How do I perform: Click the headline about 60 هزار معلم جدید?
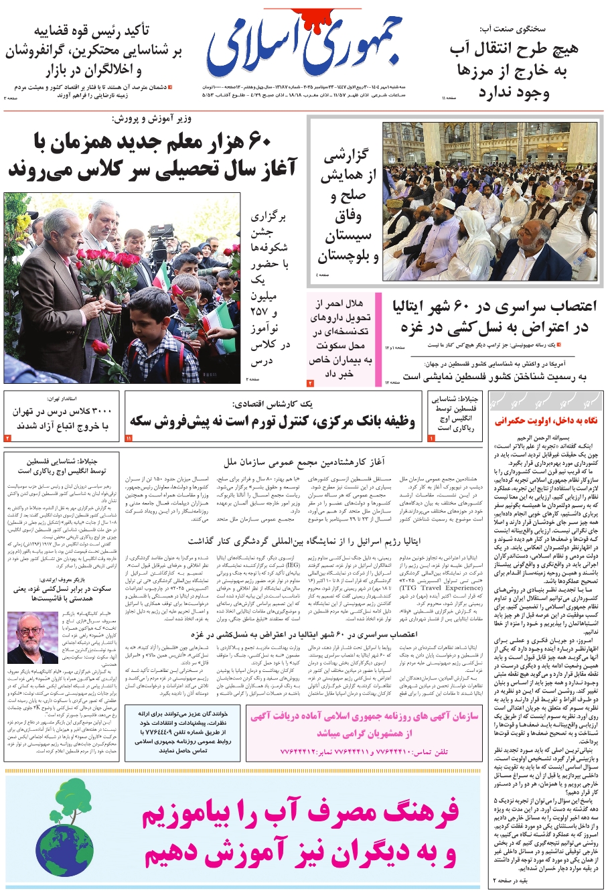pos(153,156)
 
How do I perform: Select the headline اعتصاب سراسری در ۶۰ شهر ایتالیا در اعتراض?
pos(493,317)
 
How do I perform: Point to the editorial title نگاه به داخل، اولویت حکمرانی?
pos(546,421)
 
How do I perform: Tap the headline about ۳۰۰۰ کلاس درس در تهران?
pos(64,419)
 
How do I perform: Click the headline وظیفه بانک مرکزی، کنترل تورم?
pos(273,421)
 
